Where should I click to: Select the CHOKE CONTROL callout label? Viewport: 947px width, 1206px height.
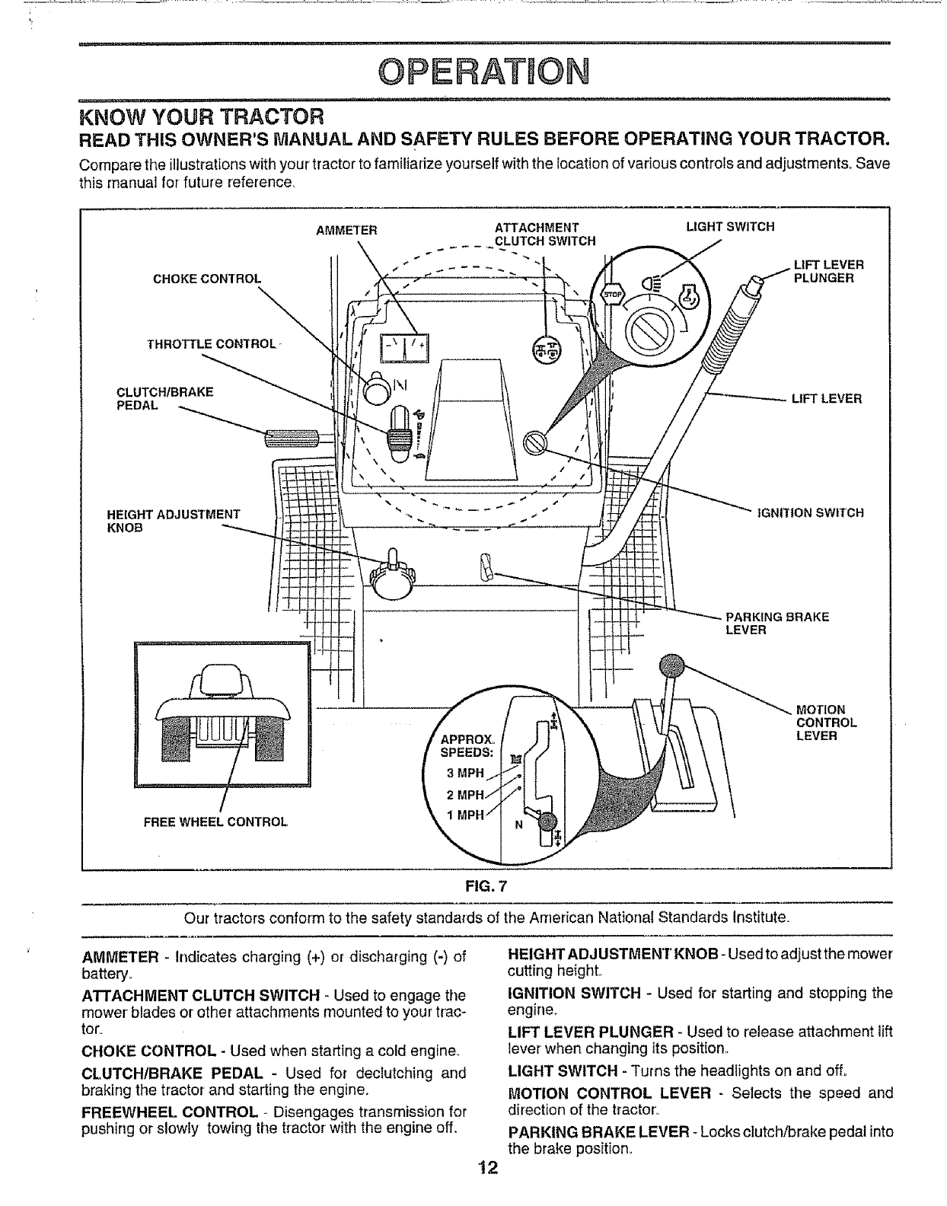(206, 277)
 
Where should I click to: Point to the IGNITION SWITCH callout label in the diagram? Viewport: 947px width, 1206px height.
(809, 512)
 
